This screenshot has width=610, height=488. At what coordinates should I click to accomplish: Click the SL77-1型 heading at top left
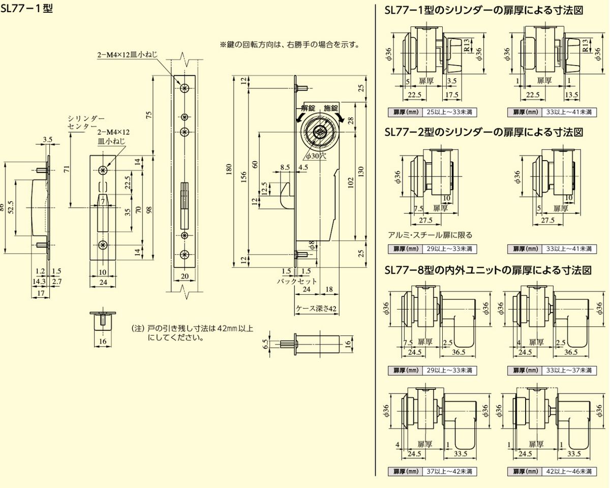tap(26, 9)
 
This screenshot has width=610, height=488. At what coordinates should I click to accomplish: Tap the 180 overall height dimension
tap(229, 169)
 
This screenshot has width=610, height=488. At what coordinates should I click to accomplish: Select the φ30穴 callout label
tap(316, 156)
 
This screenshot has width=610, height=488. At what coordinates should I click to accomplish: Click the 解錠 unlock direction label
tap(308, 108)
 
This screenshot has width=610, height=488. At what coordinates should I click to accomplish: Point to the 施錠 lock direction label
tap(331, 108)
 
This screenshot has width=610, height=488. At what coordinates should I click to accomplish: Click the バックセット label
tap(297, 281)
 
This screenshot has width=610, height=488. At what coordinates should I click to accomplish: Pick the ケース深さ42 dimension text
tap(316, 308)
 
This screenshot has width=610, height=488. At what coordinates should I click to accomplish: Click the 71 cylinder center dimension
tap(67, 169)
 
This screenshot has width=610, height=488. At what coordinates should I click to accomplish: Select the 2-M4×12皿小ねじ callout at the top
tap(127, 55)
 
